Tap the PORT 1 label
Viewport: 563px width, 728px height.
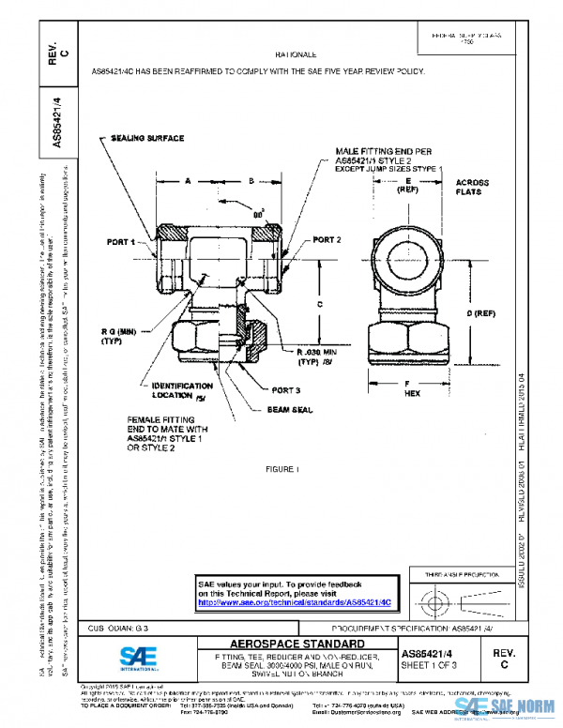121,242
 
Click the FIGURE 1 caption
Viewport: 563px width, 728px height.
281,469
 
